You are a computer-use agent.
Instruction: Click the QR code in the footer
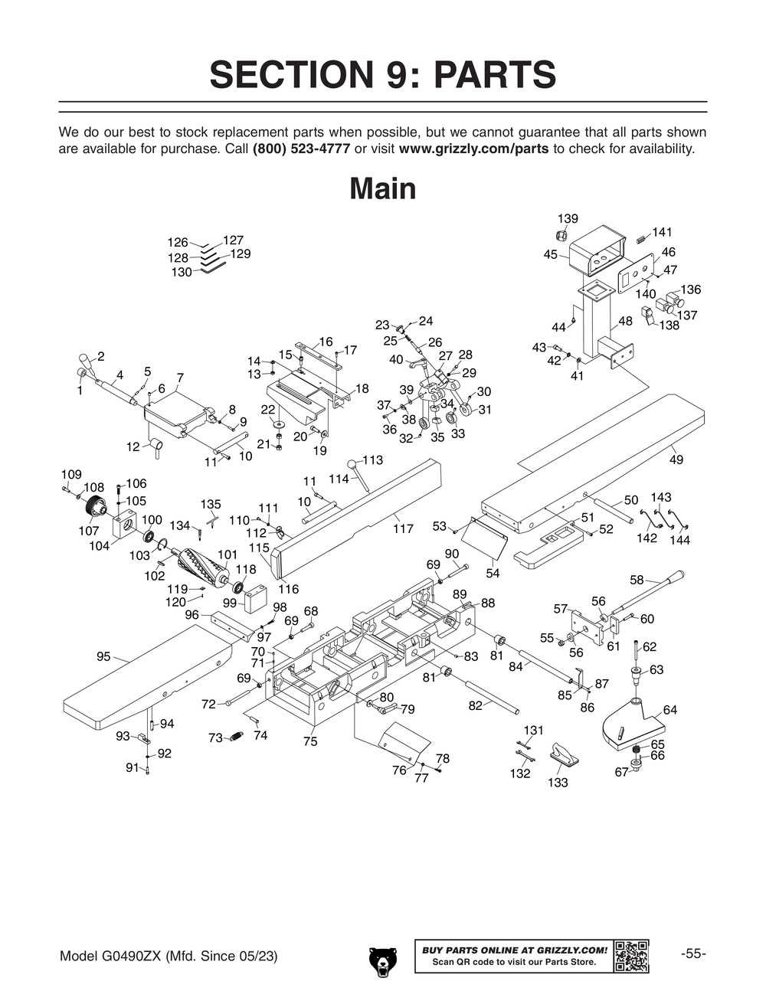(x=632, y=956)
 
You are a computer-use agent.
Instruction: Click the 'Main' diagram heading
(x=382, y=188)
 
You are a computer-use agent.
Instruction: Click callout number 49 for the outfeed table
(x=676, y=460)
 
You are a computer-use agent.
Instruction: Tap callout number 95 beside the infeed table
(x=103, y=656)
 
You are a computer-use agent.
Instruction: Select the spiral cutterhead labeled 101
(x=204, y=569)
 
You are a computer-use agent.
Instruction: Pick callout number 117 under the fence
(x=403, y=528)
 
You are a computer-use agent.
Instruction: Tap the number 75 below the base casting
(x=309, y=741)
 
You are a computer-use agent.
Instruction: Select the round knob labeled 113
(x=352, y=464)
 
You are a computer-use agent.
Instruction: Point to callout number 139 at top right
(x=568, y=219)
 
